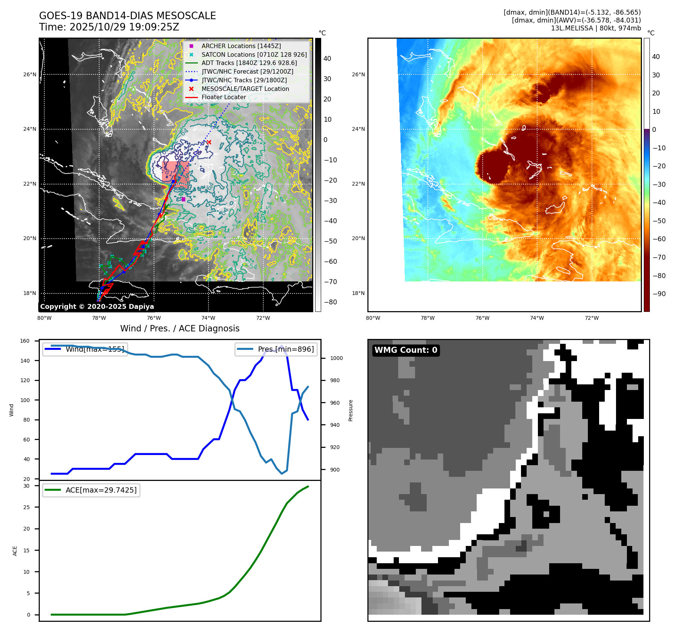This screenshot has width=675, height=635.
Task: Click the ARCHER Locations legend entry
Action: coord(241,46)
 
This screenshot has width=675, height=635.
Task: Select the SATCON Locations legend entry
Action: coord(254,54)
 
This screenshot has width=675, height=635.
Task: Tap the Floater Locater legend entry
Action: coord(223,97)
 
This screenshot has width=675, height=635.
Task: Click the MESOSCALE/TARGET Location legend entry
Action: coord(245,89)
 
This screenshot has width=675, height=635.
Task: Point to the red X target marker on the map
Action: coord(209,142)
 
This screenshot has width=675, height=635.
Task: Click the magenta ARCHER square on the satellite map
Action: coord(183,199)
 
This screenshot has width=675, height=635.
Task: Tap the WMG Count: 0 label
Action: coord(406,350)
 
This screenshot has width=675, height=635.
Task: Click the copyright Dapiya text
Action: coord(97,307)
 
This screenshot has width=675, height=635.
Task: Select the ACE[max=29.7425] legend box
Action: coord(91,490)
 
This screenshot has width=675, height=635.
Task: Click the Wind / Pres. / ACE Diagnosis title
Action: coord(180,328)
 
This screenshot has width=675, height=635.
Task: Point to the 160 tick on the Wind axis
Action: coord(25,341)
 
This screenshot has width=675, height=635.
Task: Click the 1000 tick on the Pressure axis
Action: coord(336,358)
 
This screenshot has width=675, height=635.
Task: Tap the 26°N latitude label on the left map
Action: coord(30,74)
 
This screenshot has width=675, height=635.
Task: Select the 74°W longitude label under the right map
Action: coord(537,318)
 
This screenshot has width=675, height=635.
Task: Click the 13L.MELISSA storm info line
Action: coord(596,28)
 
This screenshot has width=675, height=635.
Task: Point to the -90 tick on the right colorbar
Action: coord(659,294)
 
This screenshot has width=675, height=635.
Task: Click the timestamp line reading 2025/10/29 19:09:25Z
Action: coord(109,27)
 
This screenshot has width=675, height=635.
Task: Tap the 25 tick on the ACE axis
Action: coord(26,507)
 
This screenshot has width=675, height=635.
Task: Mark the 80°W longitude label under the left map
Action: coord(44,318)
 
